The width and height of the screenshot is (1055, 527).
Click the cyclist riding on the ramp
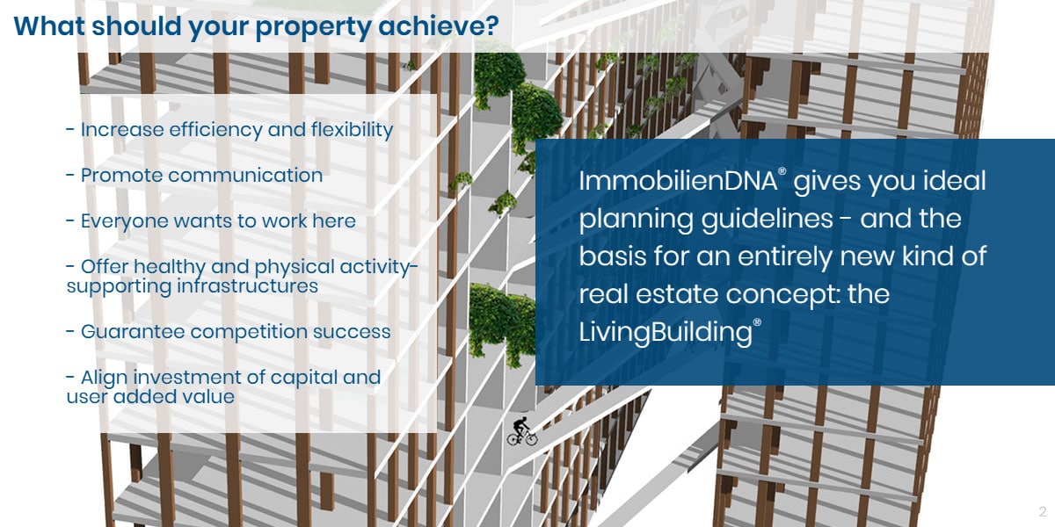[x=522, y=430]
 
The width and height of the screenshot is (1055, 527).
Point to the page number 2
[x=1042, y=511]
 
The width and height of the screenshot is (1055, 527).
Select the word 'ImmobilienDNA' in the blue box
[x=677, y=183]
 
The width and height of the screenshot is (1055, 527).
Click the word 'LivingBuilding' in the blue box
[x=665, y=332]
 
